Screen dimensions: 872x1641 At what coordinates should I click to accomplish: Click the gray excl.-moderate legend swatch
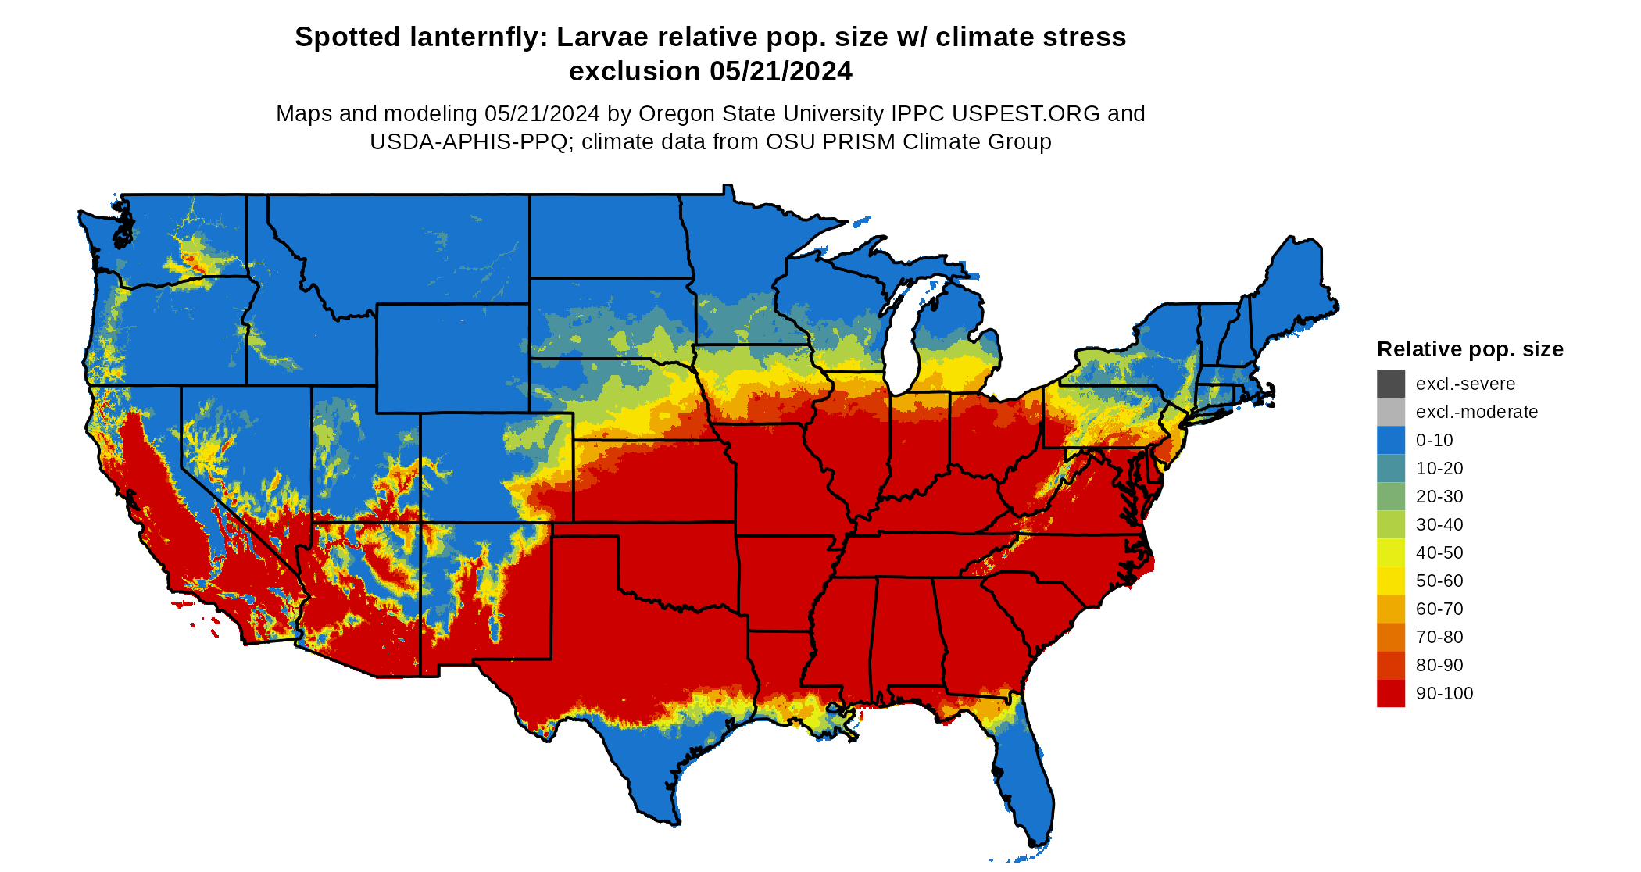click(x=1390, y=412)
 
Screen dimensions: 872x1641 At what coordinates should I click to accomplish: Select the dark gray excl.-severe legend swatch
click(x=1390, y=384)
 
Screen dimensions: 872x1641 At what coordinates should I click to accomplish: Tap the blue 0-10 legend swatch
click(x=1390, y=440)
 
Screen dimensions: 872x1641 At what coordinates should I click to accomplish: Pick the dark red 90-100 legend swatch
click(x=1390, y=693)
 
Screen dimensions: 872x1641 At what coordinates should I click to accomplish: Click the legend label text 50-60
click(x=1439, y=581)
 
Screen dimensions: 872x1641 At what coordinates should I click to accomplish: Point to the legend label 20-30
click(x=1439, y=496)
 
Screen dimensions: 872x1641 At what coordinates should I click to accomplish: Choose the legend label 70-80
click(x=1439, y=637)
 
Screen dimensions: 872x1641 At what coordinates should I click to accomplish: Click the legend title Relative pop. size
click(x=1469, y=349)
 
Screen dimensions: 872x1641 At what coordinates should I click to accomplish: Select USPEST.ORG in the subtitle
click(x=1025, y=114)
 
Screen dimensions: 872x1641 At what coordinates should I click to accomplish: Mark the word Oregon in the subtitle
click(x=675, y=114)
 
